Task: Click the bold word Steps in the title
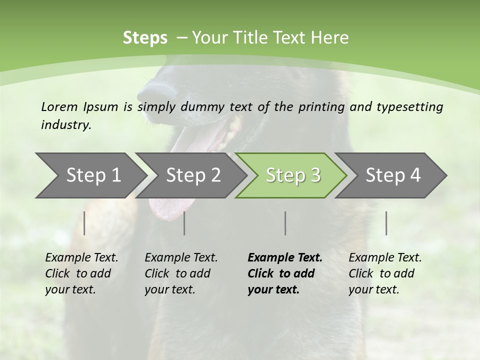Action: click(x=145, y=38)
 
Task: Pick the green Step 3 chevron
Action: click(x=293, y=175)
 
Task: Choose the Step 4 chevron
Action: click(x=393, y=175)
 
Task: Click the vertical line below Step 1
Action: click(x=84, y=223)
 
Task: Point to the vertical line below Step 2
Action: click(x=184, y=223)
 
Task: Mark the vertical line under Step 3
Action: click(x=285, y=223)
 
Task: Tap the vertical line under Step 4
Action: click(x=386, y=223)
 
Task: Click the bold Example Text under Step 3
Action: click(x=285, y=258)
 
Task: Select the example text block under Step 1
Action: click(x=81, y=273)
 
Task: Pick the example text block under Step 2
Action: click(x=181, y=273)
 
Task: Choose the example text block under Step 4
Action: click(x=385, y=273)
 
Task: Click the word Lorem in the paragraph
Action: click(x=59, y=106)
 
